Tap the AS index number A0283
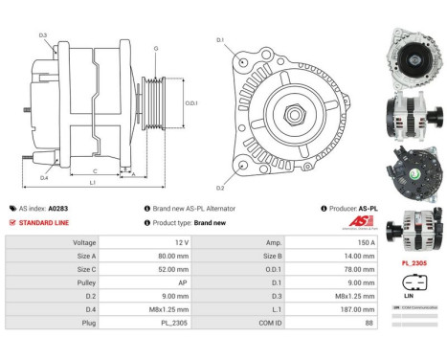click(x=59, y=208)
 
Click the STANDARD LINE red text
click(x=45, y=222)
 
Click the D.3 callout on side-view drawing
click(x=44, y=35)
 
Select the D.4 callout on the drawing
click(x=44, y=178)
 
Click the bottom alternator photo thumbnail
click(x=411, y=230)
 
